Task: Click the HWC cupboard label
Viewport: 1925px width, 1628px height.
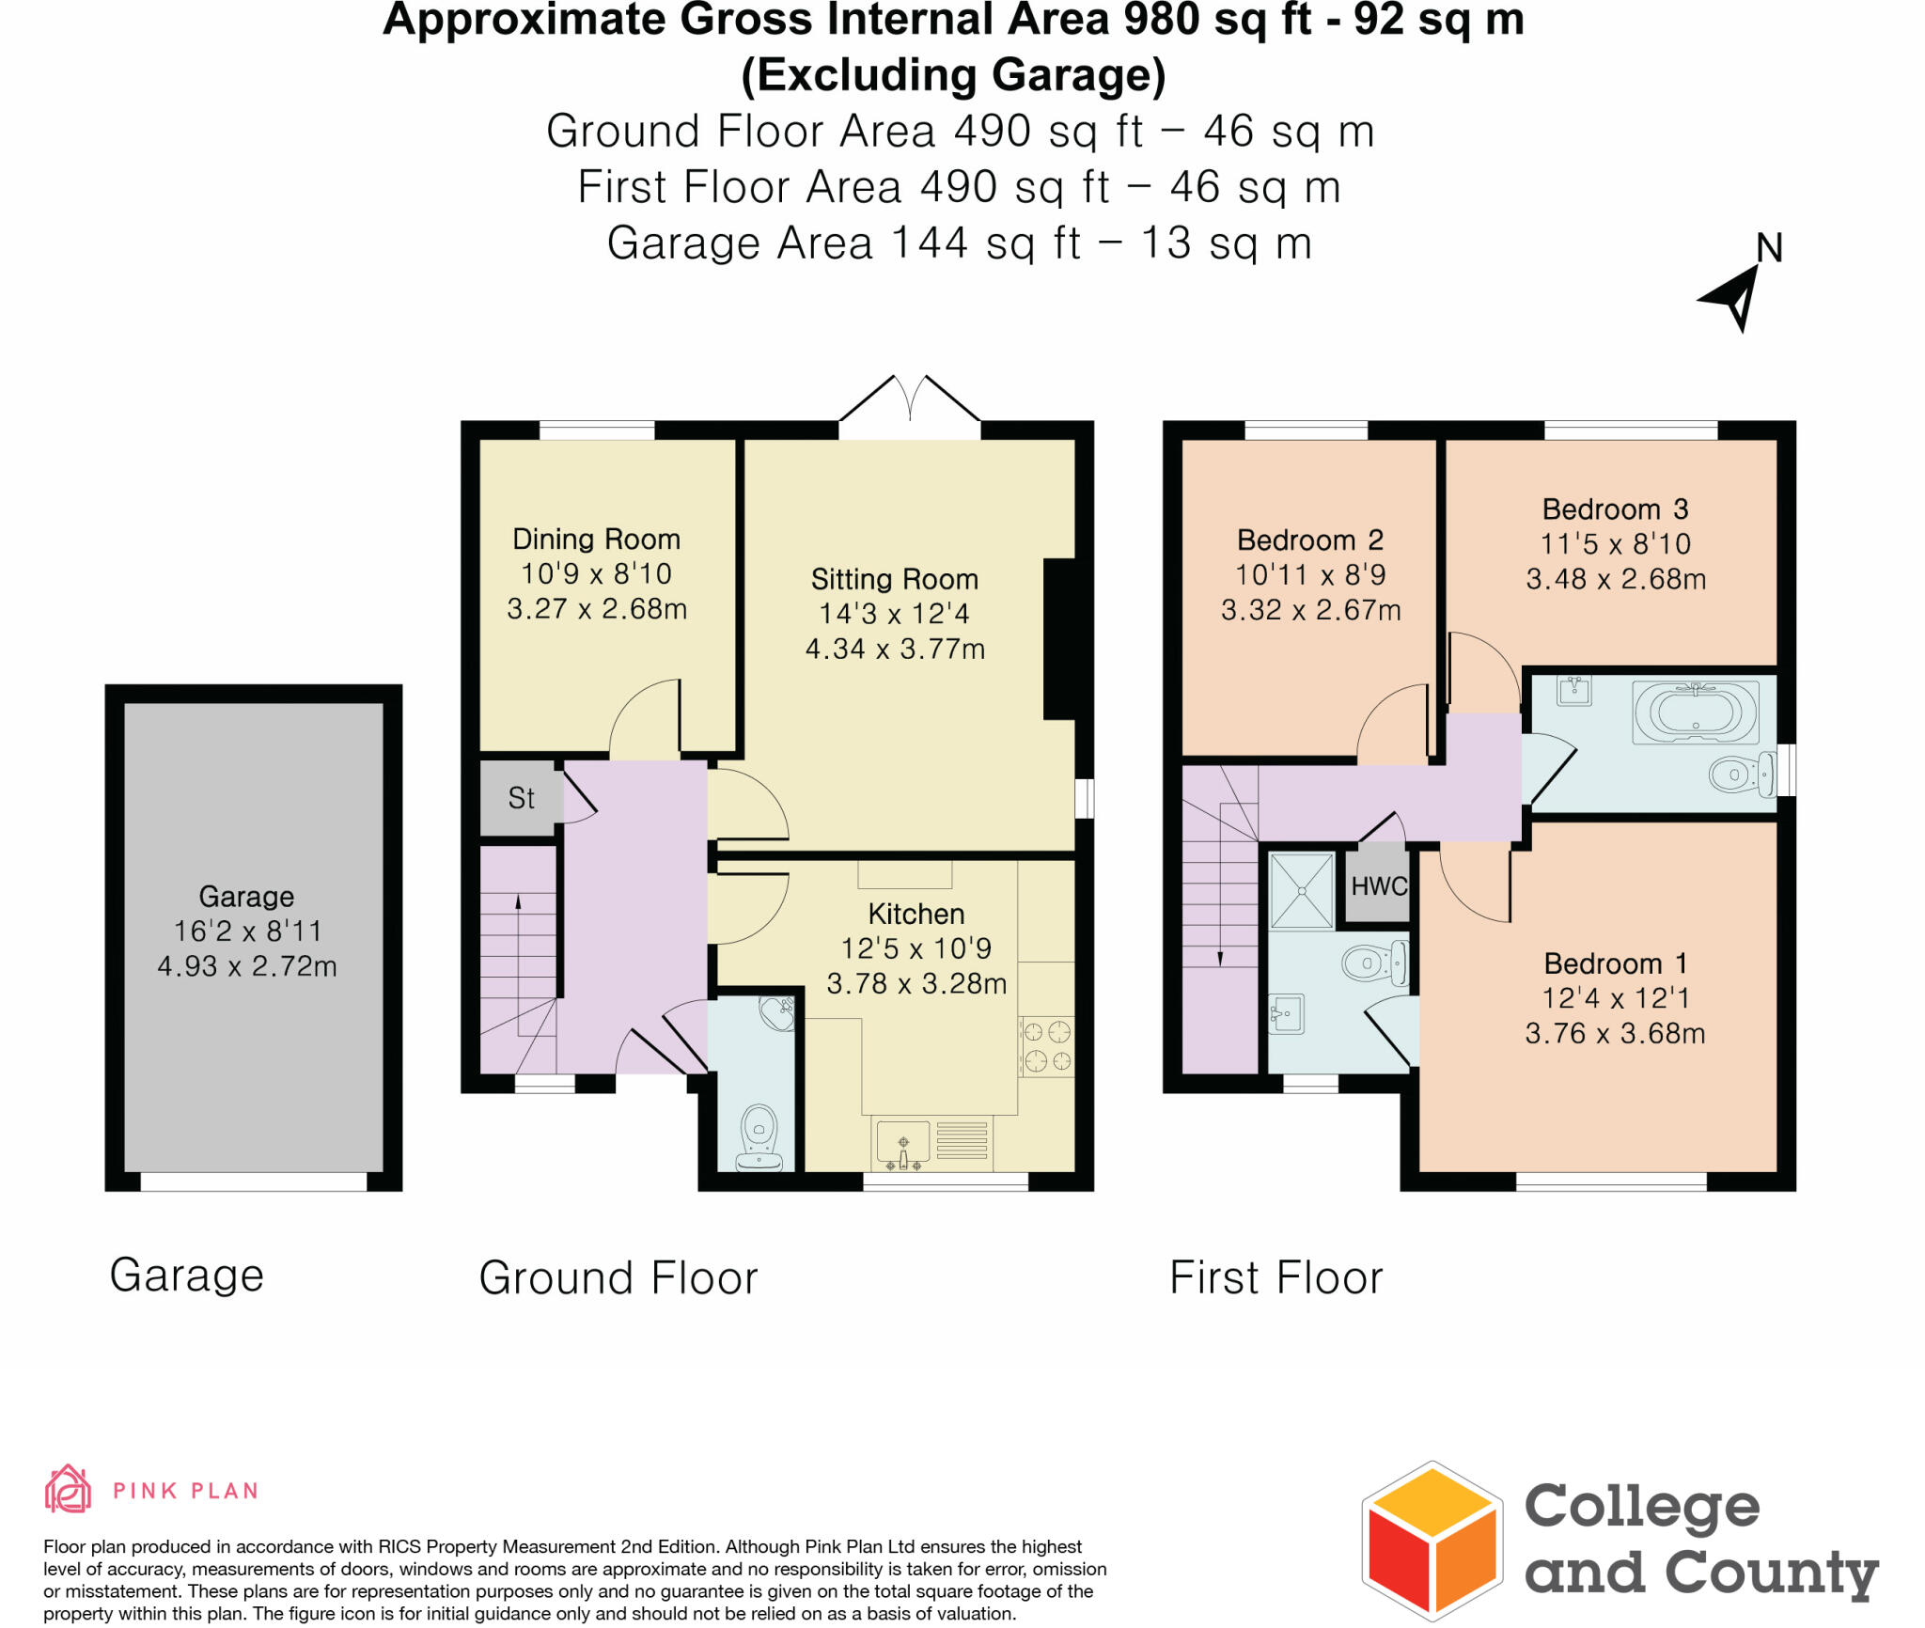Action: [x=1378, y=885]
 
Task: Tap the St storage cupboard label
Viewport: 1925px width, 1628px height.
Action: [x=521, y=798]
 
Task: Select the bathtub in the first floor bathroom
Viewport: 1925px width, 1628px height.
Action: [x=1695, y=712]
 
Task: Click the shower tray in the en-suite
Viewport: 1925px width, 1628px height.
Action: [x=1302, y=890]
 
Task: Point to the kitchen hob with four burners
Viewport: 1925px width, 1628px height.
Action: [x=1047, y=1046]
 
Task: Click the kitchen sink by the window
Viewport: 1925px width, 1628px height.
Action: [x=903, y=1144]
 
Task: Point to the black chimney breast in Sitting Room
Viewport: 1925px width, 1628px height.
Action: [x=1059, y=639]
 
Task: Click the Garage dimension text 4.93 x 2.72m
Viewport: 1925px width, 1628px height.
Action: [x=246, y=966]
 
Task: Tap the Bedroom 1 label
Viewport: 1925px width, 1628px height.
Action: [x=1615, y=963]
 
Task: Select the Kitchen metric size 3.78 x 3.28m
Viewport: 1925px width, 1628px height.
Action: [x=916, y=983]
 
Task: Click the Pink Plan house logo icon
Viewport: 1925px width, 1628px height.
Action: [x=68, y=1489]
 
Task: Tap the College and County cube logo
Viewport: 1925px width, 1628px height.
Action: [x=1432, y=1541]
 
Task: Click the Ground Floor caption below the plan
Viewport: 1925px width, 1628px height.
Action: [x=618, y=1277]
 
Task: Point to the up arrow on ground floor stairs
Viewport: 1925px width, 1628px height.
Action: [x=518, y=904]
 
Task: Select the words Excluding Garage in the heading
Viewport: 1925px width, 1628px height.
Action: [x=953, y=75]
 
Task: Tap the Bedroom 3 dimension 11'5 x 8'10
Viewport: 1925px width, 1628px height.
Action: [x=1615, y=543]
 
